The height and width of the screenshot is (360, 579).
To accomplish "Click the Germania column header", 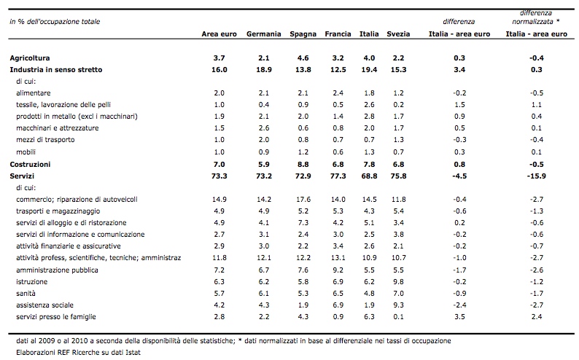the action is click(264, 34).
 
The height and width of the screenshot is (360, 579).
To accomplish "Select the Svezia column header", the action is click(398, 34).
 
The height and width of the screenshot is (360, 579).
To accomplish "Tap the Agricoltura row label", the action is click(30, 58).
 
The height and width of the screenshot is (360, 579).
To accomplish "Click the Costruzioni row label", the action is click(31, 164).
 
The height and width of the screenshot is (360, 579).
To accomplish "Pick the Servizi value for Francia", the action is click(338, 176).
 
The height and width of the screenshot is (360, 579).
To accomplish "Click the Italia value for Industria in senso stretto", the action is click(369, 70).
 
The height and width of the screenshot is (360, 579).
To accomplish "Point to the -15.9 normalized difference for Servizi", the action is click(536, 176).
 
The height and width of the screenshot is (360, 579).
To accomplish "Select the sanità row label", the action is click(26, 293).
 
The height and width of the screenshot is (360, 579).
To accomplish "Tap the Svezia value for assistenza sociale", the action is click(398, 305).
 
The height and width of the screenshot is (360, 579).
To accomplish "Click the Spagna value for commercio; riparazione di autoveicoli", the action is click(303, 199).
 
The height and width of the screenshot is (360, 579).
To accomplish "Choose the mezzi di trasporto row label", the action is click(45, 139).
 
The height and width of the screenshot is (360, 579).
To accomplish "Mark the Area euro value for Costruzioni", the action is click(219, 164).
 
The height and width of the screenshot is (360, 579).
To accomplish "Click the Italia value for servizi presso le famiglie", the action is click(369, 316).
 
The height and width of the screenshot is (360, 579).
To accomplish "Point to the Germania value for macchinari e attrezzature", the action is click(264, 128).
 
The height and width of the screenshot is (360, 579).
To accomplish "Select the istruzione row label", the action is click(32, 281).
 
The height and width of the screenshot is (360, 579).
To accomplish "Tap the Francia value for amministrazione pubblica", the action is click(338, 270).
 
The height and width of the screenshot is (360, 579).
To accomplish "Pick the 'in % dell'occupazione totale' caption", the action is click(55, 21).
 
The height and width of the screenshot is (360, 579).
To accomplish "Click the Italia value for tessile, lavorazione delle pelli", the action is click(369, 104).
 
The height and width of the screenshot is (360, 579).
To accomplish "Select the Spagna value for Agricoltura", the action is click(303, 58).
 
